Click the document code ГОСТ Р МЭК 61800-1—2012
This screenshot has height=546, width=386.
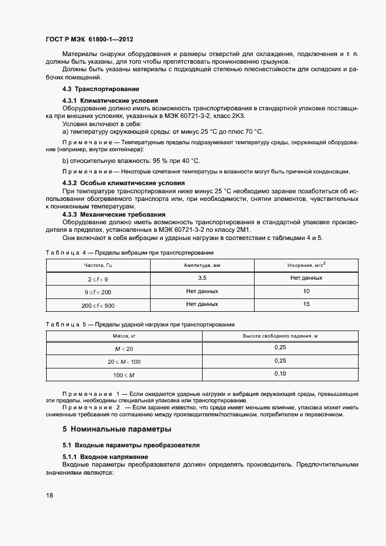(89, 40)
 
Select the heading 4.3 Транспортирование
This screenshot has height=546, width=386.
(100, 89)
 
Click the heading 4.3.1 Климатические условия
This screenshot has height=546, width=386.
(110, 100)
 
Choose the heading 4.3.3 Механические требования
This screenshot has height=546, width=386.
(112, 214)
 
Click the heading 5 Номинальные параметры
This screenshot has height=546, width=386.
(117, 429)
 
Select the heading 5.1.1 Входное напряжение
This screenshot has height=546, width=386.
(105, 456)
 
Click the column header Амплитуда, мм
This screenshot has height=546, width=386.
(202, 265)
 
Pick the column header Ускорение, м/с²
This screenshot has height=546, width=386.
(306, 265)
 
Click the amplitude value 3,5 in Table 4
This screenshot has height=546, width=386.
(202, 278)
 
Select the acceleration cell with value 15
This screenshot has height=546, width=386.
(306, 304)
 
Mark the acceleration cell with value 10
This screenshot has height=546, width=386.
(306, 291)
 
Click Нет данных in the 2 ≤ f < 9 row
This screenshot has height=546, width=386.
(306, 278)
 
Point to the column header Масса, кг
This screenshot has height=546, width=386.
(124, 336)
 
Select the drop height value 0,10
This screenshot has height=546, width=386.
(280, 374)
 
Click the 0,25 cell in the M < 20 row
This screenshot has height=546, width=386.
(280, 348)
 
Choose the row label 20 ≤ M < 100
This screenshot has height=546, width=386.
(124, 361)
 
